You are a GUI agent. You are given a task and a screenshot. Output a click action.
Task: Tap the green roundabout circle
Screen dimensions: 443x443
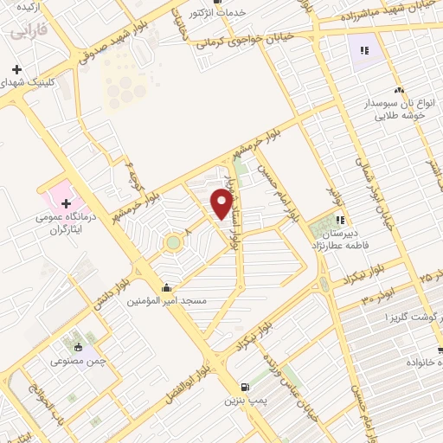point(173,242)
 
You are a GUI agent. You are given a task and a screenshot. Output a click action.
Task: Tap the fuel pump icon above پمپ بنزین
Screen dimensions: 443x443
point(244,388)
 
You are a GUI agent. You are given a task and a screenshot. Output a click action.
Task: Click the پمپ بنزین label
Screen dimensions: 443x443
point(243,401)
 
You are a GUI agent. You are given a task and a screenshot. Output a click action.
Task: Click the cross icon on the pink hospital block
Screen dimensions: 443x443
point(67,178)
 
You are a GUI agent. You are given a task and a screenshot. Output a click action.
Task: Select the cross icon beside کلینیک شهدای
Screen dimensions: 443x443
point(16,68)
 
